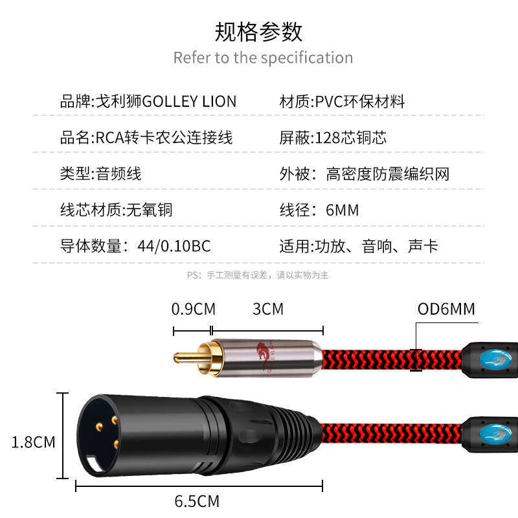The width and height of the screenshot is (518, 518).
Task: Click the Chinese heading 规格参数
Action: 258,30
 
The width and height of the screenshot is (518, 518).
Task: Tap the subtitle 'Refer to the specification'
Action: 263,58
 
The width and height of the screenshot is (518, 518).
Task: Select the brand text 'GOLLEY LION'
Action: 189,102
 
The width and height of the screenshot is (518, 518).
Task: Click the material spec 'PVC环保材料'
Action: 360,102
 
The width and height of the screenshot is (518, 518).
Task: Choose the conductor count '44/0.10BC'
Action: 174,246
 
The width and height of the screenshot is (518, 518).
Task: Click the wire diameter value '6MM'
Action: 343,210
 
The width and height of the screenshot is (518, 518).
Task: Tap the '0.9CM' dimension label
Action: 193,309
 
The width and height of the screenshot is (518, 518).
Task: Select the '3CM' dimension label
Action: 268,309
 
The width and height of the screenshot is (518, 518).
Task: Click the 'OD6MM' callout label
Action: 446,309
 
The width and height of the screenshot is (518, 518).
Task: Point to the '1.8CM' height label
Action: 34,442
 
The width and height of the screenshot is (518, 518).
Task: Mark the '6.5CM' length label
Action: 197,501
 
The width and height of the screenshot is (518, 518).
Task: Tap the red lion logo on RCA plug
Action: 263,356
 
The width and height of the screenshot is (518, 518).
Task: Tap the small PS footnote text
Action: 258,275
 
